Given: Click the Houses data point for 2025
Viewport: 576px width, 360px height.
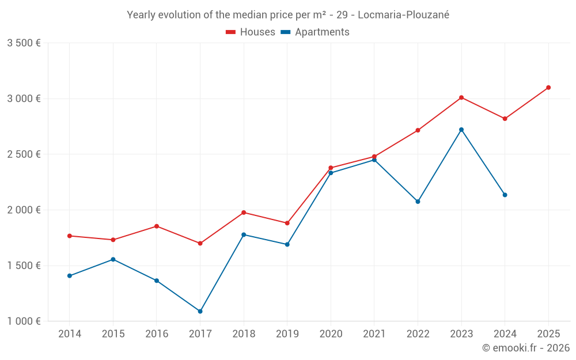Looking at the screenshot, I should (x=548, y=88).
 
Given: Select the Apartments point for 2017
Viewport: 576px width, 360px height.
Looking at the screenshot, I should (x=200, y=311).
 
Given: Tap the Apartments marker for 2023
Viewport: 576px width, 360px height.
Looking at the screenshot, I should (x=461, y=130).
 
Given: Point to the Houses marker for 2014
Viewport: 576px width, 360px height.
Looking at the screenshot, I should (x=70, y=236).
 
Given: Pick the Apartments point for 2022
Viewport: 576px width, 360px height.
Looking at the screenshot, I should (x=418, y=202).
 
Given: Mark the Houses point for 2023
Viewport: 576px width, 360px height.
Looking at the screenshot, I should (x=461, y=97).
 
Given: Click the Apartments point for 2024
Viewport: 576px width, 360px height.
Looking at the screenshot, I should (x=505, y=195).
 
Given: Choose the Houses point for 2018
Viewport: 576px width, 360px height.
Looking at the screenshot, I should (x=244, y=213).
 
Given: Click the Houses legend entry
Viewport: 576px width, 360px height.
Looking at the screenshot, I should (x=251, y=32).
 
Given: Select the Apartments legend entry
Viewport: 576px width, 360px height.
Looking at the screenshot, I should (x=315, y=32).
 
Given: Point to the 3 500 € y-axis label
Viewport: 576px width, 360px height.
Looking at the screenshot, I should (x=24, y=43).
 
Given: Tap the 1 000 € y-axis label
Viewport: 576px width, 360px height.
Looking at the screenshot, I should (x=24, y=321).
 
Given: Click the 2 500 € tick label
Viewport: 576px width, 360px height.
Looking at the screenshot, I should (x=24, y=154).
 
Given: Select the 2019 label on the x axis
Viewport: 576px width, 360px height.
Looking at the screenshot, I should (x=287, y=334).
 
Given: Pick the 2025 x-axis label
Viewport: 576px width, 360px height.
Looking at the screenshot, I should (x=548, y=334).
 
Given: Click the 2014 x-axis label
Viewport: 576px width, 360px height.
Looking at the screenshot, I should (x=70, y=334).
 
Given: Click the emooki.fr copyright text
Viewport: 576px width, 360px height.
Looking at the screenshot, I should (x=526, y=348).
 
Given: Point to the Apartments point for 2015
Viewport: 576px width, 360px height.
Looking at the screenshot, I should (x=113, y=259).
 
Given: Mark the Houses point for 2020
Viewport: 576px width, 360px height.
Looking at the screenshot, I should (x=331, y=168).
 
